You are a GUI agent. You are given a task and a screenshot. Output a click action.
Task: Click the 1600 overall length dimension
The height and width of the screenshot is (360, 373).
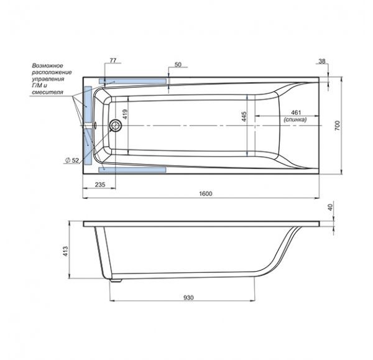pyautogui.click(x=206, y=194)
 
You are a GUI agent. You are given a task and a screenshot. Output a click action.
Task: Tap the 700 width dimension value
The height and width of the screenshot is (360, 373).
pyautogui.click(x=338, y=126)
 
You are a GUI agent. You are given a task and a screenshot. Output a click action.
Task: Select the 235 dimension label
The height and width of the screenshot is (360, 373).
pyautogui.click(x=100, y=185)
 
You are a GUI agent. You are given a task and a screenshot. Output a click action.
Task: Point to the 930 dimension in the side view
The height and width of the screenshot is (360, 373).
pyautogui.click(x=188, y=298)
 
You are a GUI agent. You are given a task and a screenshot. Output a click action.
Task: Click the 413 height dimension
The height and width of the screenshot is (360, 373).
pyautogui.click(x=65, y=251)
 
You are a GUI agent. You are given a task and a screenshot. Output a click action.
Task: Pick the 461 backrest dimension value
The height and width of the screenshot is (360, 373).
pyautogui.click(x=296, y=113)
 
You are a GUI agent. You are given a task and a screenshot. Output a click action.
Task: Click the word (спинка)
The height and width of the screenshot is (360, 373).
pyautogui.click(x=295, y=119)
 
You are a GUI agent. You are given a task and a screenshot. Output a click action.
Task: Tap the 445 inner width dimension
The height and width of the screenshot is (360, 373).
pyautogui.click(x=244, y=117)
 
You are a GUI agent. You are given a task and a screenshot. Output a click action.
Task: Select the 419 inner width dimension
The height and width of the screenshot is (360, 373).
pyautogui.click(x=125, y=114)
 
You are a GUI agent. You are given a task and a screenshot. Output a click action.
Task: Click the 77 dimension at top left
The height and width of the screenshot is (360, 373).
pyautogui.click(x=113, y=61)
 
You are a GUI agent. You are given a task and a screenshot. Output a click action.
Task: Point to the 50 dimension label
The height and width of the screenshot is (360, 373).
pyautogui.click(x=178, y=65)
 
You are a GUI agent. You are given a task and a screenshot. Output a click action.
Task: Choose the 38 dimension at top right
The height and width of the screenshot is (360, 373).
pyautogui.click(x=321, y=62)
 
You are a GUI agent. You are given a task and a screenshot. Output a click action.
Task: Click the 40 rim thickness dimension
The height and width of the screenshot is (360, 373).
pyautogui.click(x=330, y=208)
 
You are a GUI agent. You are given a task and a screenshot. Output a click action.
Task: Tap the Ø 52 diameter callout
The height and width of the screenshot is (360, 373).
pyautogui.click(x=72, y=160)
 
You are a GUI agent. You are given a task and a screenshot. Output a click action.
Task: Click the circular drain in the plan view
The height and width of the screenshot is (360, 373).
pyautogui.click(x=116, y=125)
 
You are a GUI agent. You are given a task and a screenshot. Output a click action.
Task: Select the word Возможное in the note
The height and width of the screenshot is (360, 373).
pyautogui.click(x=48, y=65)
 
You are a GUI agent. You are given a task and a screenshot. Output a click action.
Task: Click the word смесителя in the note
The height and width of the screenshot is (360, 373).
pyautogui.click(x=48, y=92)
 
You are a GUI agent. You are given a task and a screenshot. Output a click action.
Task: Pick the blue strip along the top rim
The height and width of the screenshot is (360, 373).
pyautogui.click(x=132, y=81)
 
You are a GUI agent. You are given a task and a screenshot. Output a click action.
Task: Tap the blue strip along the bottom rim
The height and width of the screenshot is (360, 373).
pyautogui.click(x=132, y=170)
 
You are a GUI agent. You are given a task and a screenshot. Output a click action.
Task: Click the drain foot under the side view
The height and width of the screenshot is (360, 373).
pyautogui.click(x=116, y=280)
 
